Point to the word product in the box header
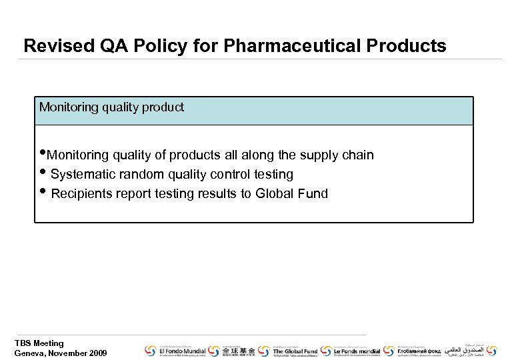pos(163,107)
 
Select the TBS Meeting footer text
pos(39,343)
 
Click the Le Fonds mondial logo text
pos(357,351)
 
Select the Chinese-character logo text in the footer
pos(238,351)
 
